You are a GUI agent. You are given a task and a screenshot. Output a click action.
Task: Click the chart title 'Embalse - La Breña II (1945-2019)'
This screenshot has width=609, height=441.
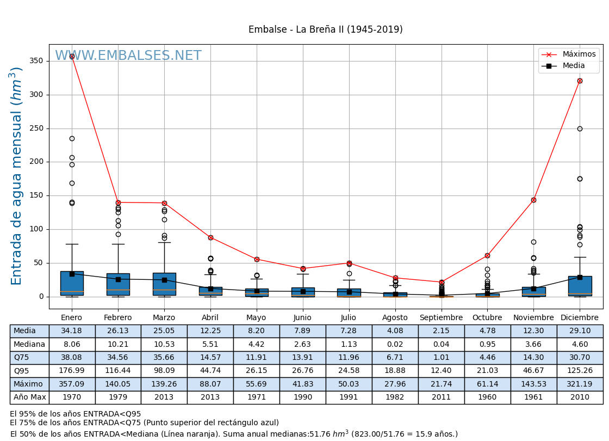click(325, 30)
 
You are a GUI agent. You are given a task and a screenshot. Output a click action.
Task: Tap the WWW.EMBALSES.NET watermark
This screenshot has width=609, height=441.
click(128, 56)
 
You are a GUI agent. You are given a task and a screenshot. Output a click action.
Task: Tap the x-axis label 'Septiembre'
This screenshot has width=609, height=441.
click(441, 318)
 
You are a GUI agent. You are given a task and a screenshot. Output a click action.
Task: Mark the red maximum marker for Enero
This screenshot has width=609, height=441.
click(72, 56)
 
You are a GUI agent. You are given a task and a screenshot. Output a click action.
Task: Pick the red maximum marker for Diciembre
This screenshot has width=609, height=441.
click(580, 81)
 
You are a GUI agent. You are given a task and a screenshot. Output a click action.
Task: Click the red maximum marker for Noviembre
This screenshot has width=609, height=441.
click(533, 200)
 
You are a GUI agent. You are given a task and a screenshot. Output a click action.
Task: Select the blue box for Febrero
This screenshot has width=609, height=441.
click(118, 284)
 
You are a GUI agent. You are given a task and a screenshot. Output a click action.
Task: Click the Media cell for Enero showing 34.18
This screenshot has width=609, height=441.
click(72, 331)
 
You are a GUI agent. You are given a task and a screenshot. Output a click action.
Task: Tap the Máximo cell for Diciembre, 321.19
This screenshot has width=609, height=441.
click(580, 384)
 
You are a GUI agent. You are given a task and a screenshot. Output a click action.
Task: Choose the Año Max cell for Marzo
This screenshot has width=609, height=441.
click(164, 397)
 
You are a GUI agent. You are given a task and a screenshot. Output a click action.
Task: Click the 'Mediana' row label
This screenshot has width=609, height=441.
click(29, 344)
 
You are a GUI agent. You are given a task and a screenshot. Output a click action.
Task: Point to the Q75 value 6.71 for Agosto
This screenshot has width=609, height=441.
click(395, 358)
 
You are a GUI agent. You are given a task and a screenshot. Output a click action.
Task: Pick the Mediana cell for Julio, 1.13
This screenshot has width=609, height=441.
click(349, 344)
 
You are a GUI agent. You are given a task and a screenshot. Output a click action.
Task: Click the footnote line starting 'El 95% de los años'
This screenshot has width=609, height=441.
click(75, 414)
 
